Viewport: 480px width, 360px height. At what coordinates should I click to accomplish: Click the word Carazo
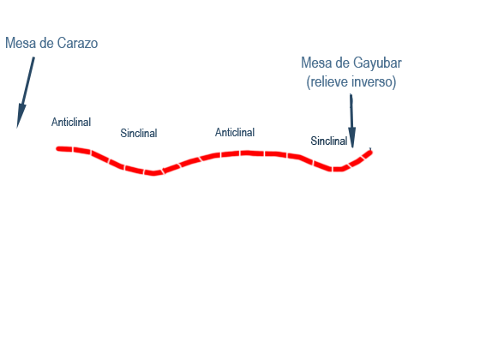click(77, 43)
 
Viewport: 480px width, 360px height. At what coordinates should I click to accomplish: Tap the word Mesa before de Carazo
click(21, 43)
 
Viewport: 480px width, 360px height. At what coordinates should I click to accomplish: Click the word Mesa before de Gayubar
click(316, 63)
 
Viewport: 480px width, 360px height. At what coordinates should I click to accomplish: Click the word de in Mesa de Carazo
click(46, 43)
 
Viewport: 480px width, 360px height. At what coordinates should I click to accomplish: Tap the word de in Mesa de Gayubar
click(343, 63)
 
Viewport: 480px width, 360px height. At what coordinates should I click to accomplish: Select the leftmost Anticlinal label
click(71, 122)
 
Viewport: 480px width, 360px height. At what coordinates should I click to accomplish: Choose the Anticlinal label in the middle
click(235, 133)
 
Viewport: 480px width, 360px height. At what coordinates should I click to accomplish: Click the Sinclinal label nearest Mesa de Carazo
click(139, 133)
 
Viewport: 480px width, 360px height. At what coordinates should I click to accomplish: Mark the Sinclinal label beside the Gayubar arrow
click(329, 141)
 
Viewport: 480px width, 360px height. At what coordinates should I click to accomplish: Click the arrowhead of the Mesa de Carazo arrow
click(21, 116)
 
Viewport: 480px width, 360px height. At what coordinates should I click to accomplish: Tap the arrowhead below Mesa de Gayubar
click(352, 137)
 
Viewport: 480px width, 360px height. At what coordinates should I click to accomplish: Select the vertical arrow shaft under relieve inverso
click(351, 111)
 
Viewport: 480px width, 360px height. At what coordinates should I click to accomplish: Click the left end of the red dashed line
click(58, 149)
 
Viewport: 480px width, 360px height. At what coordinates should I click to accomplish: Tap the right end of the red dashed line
click(370, 151)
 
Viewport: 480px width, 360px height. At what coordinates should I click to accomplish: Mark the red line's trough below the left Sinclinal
click(153, 173)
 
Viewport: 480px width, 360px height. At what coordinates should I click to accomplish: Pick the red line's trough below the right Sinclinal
click(338, 169)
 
